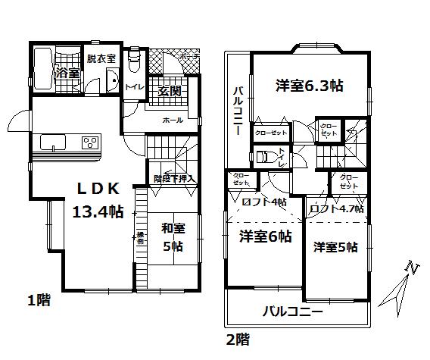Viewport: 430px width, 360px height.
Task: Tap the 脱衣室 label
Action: [100, 58]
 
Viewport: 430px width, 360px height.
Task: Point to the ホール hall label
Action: [172, 121]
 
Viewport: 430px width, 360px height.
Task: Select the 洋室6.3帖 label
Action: [309, 86]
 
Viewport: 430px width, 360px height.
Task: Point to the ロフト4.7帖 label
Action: [337, 208]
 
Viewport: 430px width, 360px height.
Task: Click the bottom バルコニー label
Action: [294, 311]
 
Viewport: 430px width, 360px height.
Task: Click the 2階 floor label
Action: [237, 340]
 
